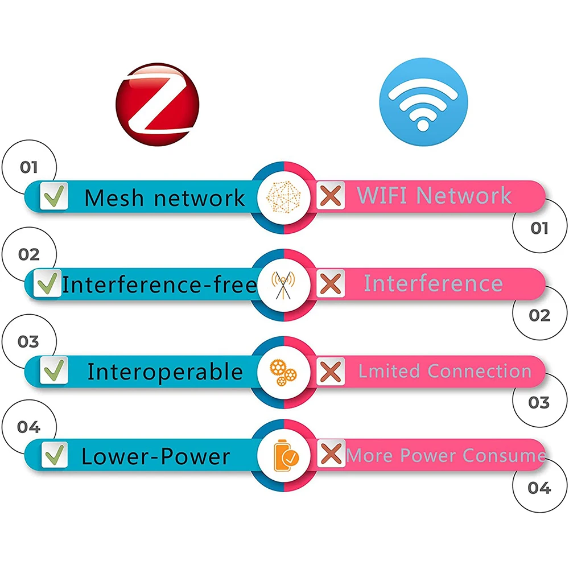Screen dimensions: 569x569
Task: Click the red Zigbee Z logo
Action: pyautogui.click(x=158, y=106)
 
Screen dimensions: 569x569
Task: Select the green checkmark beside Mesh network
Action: pyautogui.click(x=54, y=196)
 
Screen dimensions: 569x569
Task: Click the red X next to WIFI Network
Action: pyautogui.click(x=330, y=196)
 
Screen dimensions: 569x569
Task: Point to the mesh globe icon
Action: pyautogui.click(x=283, y=197)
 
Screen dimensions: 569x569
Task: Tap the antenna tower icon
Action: pyautogui.click(x=283, y=284)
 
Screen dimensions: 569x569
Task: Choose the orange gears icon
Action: pyautogui.click(x=283, y=372)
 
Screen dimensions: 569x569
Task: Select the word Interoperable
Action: pyautogui.click(x=165, y=372)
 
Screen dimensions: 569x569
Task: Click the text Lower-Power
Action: pyautogui.click(x=155, y=456)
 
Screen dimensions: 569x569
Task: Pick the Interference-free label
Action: pyautogui.click(x=159, y=284)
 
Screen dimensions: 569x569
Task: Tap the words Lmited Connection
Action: pyautogui.click(x=444, y=371)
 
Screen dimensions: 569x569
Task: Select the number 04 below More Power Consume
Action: pyautogui.click(x=539, y=488)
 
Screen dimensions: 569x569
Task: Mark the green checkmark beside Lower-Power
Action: pyautogui.click(x=55, y=455)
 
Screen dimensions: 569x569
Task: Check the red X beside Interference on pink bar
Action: pyautogui.click(x=330, y=283)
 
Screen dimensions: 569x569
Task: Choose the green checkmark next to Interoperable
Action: pyautogui.click(x=55, y=370)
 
